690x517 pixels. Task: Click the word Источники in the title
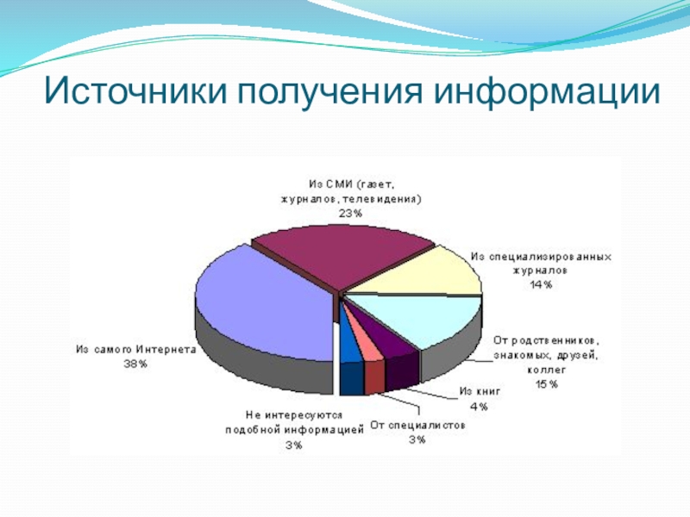click(x=135, y=91)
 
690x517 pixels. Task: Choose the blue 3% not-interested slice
click(x=350, y=347)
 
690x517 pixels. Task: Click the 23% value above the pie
click(x=350, y=214)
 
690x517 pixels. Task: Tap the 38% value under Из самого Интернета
click(x=135, y=364)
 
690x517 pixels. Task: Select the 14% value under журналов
click(x=541, y=285)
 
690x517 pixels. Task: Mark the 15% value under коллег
click(x=547, y=384)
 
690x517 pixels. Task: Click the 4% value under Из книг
click(x=479, y=407)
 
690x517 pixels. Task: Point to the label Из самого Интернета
click(x=136, y=350)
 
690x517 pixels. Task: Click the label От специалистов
click(x=417, y=426)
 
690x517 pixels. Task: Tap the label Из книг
click(x=480, y=391)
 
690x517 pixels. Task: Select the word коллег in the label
click(x=547, y=370)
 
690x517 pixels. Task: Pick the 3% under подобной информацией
click(x=294, y=445)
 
